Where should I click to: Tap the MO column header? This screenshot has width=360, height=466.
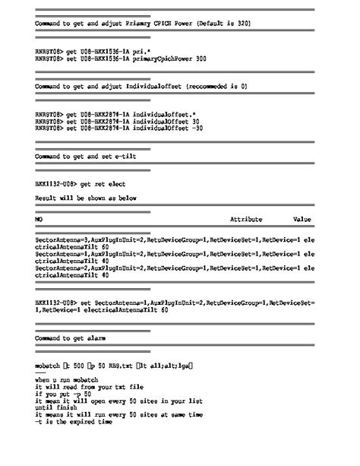39,219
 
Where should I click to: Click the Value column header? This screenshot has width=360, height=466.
302,219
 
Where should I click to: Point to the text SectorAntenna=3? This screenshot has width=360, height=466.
62,240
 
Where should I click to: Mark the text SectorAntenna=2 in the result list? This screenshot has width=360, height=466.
62,268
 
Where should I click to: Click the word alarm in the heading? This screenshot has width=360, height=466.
95,337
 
